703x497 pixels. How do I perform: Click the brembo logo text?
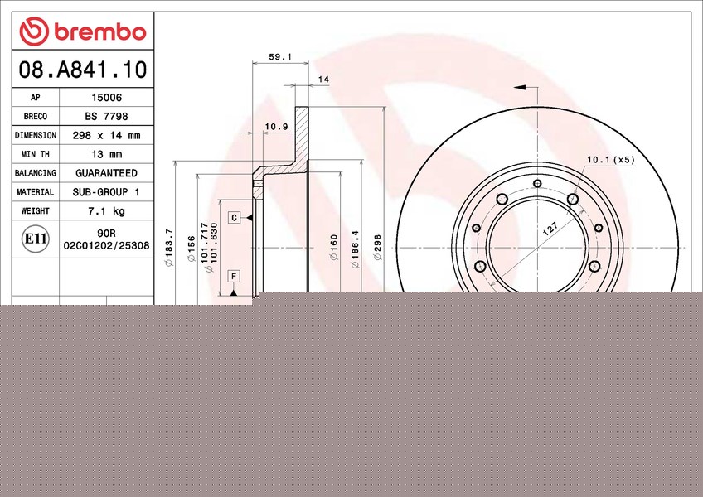[x=100, y=31]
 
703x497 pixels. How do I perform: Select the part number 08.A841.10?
[x=83, y=70]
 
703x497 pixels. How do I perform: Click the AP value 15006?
[x=106, y=97]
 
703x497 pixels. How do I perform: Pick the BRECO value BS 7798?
[x=106, y=117]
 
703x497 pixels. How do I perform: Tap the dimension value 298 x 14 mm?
[x=106, y=135]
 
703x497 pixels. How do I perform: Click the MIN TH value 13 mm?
[x=106, y=154]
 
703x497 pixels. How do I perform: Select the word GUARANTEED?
[x=106, y=173]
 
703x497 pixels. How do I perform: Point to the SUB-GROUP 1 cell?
[x=106, y=192]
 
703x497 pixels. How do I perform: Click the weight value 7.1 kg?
[x=106, y=211]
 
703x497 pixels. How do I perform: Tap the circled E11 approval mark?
[x=36, y=239]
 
